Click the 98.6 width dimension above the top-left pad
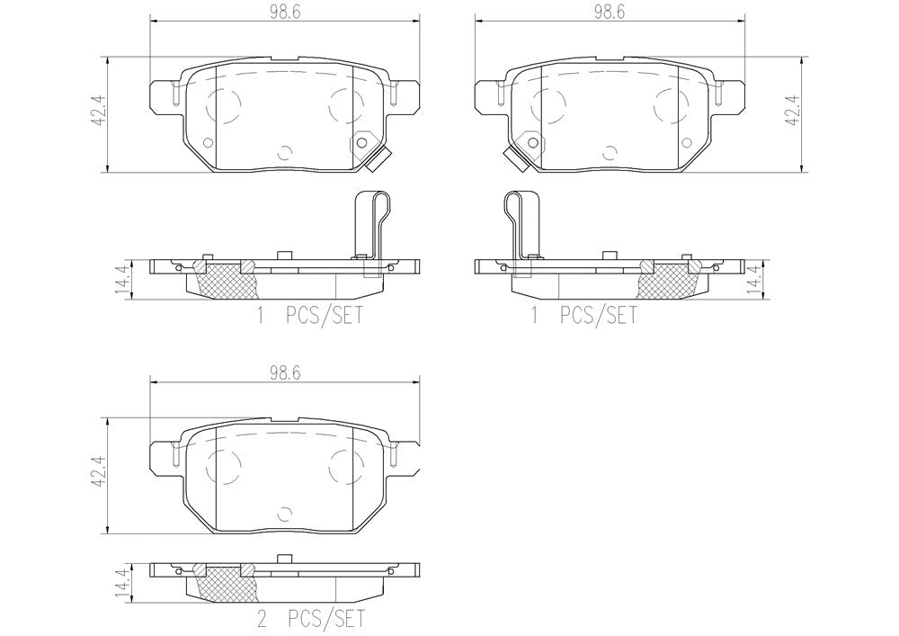(285, 12)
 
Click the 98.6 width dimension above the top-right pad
(610, 12)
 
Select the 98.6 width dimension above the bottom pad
(285, 373)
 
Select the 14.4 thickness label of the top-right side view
(755, 279)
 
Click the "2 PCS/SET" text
(310, 620)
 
